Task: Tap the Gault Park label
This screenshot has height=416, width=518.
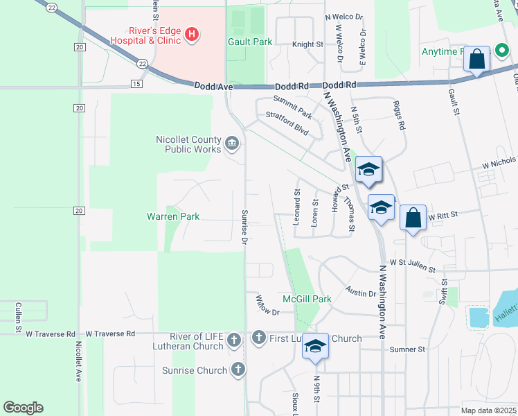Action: click(250, 42)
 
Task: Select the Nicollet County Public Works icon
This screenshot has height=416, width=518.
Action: click(232, 144)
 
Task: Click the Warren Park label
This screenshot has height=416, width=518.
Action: click(173, 216)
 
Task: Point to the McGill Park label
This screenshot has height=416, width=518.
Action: click(307, 299)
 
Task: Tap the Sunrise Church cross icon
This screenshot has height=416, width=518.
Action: click(238, 370)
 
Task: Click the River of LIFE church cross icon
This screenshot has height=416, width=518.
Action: click(234, 340)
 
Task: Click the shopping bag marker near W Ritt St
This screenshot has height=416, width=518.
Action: click(413, 218)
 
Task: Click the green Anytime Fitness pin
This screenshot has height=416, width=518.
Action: click(498, 52)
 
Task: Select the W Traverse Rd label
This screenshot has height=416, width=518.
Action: click(51, 333)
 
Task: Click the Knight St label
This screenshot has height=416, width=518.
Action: click(307, 44)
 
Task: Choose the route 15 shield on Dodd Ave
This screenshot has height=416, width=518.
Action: click(136, 84)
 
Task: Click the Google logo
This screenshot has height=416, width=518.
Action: click(23, 408)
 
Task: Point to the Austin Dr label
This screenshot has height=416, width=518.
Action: click(361, 293)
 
